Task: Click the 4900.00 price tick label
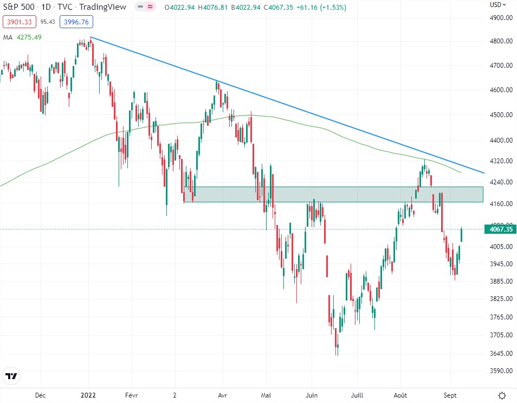[501, 17]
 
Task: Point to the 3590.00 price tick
[501, 371]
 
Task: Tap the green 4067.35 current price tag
[501, 229]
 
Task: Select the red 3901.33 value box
[20, 22]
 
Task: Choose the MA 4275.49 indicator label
[22, 37]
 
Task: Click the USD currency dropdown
[498, 5]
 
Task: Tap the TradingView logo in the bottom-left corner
[11, 376]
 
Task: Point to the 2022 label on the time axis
[89, 395]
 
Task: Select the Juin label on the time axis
[311, 395]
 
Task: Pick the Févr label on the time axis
[132, 395]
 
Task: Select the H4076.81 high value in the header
[217, 7]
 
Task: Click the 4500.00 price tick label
[501, 115]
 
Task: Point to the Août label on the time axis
[400, 395]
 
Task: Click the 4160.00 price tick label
[501, 204]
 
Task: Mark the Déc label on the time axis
[41, 395]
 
